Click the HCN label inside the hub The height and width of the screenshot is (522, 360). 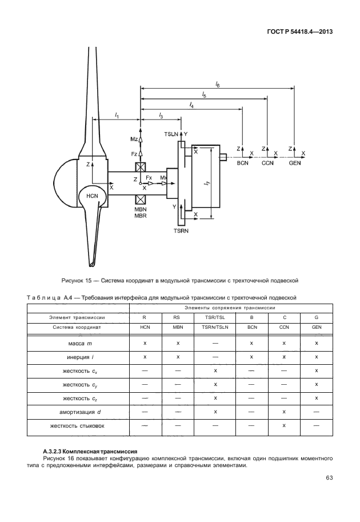[92, 196]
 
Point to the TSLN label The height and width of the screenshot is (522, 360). [171, 133]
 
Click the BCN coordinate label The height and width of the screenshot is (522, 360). [244, 163]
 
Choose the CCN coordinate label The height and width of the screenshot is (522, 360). [268, 163]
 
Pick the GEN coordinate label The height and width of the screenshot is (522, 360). [295, 163]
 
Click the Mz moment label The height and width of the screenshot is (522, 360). [134, 139]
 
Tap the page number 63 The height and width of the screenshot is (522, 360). [329, 478]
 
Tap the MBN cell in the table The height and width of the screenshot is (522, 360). [178, 327]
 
